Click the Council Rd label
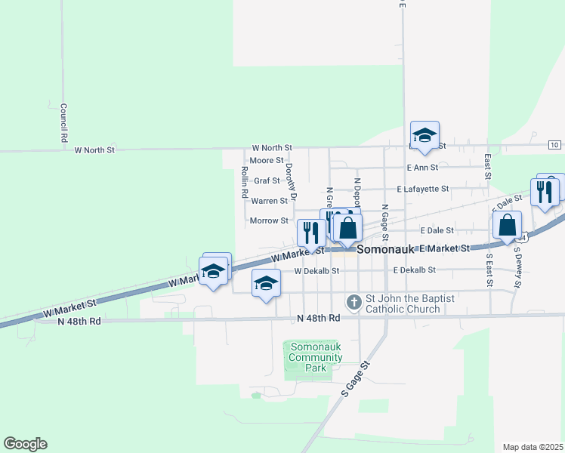point(64,123)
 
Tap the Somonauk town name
point(386,248)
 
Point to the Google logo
point(25,444)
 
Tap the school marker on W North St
point(425,136)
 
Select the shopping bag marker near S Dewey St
point(508,224)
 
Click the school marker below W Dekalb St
point(266,284)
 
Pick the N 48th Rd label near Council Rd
point(79,321)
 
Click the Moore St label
point(266,161)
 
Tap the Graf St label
point(267,181)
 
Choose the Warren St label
point(269,201)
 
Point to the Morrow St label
point(269,220)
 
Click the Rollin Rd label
point(245,182)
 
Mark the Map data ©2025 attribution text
point(533,447)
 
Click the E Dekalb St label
point(414,270)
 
